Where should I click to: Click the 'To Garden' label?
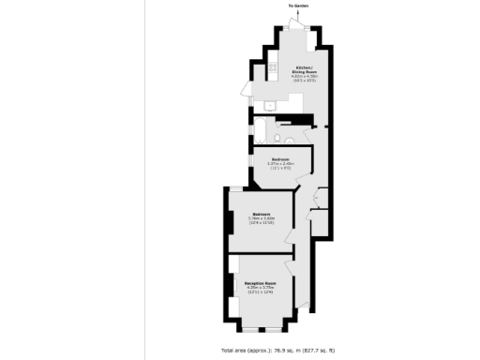coord(298,5)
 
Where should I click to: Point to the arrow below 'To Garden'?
coord(298,12)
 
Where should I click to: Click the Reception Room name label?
coord(261,282)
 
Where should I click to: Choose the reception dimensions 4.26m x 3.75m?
coord(261,288)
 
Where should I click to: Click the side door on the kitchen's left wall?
coord(246,92)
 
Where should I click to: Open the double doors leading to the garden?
coord(298,25)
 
